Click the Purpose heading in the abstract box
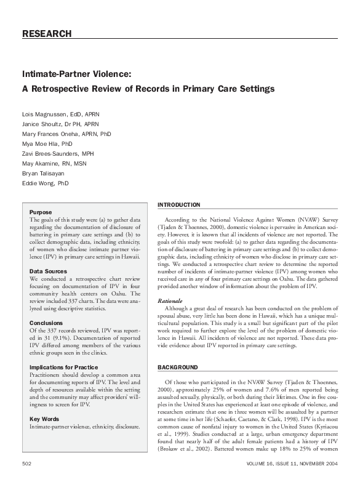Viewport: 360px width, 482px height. click(x=41, y=212)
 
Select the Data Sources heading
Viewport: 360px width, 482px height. click(x=48, y=271)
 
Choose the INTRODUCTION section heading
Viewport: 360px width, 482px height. click(x=179, y=204)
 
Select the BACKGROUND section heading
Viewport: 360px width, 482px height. click(x=178, y=368)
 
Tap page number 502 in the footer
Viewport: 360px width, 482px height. click(x=27, y=462)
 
